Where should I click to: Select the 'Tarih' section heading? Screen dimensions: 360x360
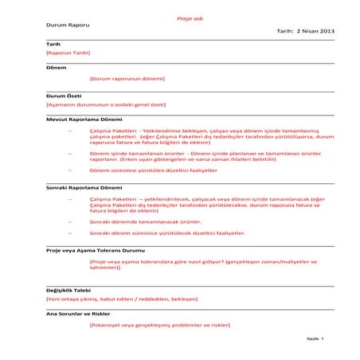click(x=53, y=44)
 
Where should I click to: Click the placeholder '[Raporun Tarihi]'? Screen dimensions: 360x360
click(x=68, y=53)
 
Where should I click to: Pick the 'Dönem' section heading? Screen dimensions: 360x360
click(x=56, y=68)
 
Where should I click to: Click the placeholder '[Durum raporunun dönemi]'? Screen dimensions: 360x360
click(x=127, y=79)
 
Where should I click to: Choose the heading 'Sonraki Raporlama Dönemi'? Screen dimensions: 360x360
click(x=84, y=186)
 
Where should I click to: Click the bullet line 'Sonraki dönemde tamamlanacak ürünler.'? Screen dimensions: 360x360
click(x=146, y=221)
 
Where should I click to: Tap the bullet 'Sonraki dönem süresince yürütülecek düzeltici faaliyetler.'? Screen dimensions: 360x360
click(x=167, y=233)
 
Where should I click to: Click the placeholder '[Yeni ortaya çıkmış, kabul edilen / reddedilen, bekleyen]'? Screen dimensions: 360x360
click(x=122, y=298)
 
